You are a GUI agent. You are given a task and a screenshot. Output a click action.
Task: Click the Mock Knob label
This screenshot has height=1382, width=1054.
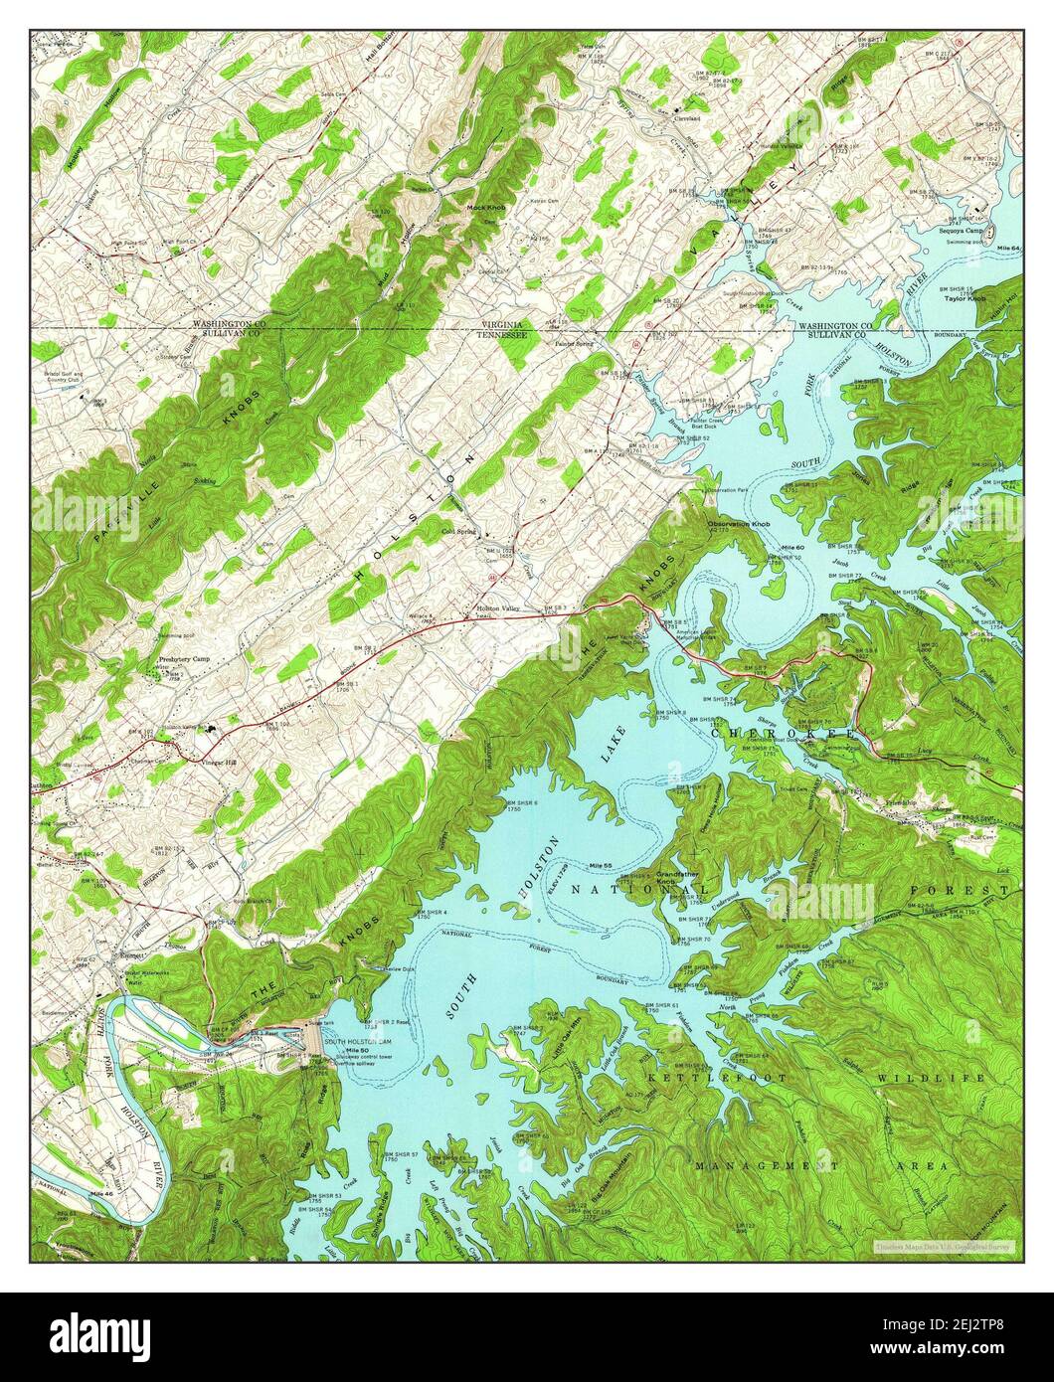coord(488,208)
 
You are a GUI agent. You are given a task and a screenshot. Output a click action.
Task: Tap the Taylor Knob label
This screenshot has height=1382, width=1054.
coord(965,297)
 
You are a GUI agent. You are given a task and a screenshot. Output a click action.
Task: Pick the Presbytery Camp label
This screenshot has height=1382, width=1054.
coord(184,659)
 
